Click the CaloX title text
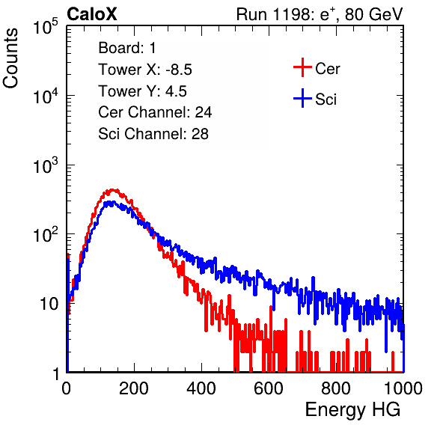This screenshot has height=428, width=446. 92,14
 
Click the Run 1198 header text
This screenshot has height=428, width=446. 320,14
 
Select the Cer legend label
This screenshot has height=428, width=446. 327,69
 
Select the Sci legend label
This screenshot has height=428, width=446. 326,100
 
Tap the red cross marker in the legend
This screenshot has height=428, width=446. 302,67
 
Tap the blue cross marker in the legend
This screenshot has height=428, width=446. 302,98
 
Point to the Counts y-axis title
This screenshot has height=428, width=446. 10,58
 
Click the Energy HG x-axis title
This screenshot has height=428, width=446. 352,410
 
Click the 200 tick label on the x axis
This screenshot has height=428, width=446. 134,388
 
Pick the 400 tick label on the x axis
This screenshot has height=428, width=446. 201,388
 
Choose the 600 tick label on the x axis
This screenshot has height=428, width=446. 269,388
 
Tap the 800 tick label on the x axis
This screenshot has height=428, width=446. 336,388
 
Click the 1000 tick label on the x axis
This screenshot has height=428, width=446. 403,388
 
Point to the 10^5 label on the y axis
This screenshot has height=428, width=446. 46,27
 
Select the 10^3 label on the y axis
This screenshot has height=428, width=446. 46,165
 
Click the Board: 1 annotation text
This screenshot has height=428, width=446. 127,48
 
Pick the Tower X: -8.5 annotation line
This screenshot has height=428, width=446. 145,70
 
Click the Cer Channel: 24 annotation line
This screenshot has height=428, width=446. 155,112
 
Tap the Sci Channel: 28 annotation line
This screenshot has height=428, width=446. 153,134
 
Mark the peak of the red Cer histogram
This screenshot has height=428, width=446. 113,190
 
